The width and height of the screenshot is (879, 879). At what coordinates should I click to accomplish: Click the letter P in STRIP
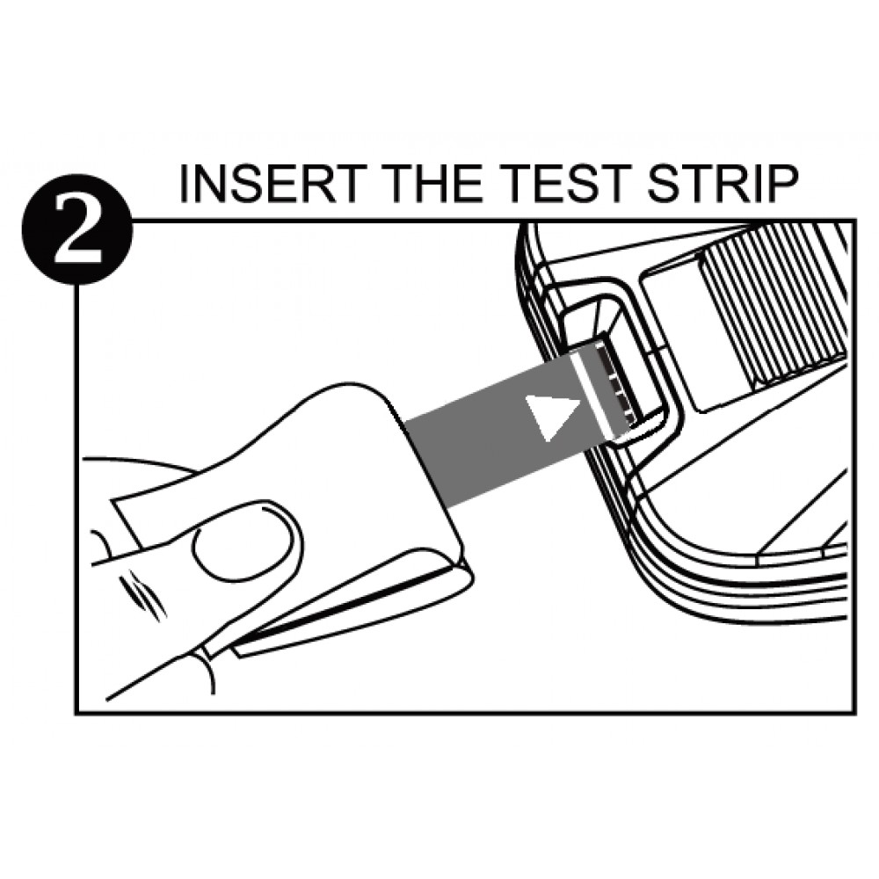tap(781, 185)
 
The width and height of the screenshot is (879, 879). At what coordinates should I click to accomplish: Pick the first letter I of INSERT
tap(186, 185)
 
